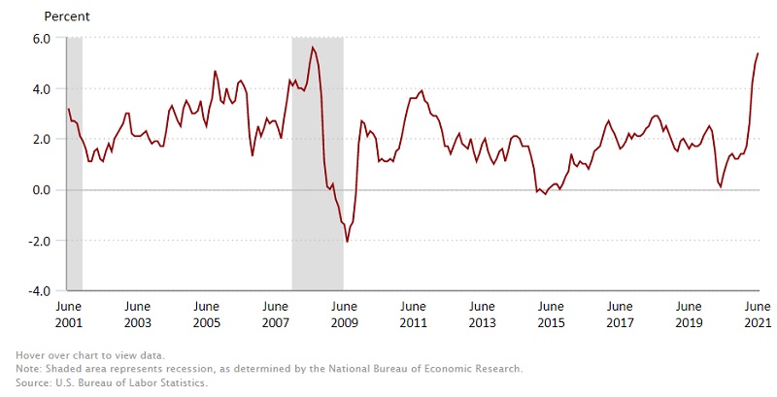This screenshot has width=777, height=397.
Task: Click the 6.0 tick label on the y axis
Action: coord(41,39)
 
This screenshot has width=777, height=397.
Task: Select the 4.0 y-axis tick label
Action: coord(41,89)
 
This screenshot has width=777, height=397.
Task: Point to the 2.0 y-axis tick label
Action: coord(41,140)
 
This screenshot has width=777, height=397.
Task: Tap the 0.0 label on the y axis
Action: coord(41,190)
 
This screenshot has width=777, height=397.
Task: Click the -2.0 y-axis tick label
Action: coord(39,241)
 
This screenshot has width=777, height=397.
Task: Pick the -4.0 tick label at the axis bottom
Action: coord(39,290)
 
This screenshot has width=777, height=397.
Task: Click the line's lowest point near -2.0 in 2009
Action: coord(347,241)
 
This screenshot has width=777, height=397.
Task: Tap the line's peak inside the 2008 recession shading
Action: coord(313,48)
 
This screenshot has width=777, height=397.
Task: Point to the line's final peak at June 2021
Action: coord(758,53)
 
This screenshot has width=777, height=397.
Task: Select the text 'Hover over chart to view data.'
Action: coord(95,357)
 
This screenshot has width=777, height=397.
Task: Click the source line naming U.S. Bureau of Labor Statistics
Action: coord(112,381)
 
